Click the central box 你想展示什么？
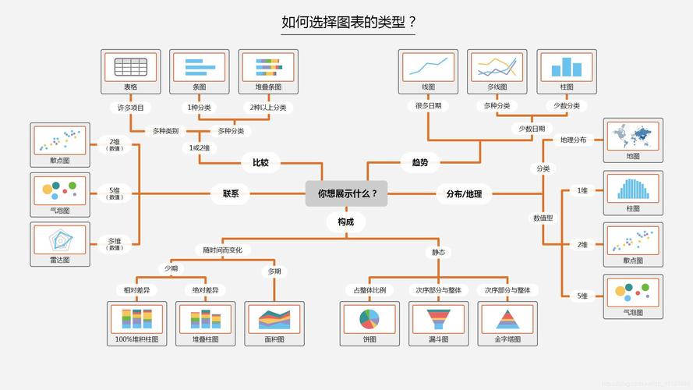coord(346,193)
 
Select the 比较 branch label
coord(260,163)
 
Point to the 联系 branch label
coord(231,193)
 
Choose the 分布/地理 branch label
coord(464,193)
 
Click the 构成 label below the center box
coord(345,222)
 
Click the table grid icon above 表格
coord(131,67)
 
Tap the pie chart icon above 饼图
coord(369,319)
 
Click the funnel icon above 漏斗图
coord(438,319)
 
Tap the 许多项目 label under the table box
coord(130,107)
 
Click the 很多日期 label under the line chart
coord(428,105)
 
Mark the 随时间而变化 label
coord(223,250)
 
